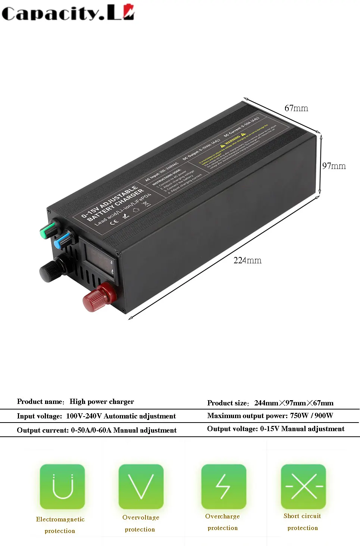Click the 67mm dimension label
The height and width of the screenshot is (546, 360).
[296, 108]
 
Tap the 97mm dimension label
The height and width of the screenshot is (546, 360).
[334, 166]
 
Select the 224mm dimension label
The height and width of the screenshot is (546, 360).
[247, 260]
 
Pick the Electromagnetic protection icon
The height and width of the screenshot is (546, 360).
[62, 486]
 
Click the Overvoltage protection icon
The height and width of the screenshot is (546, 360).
[141, 486]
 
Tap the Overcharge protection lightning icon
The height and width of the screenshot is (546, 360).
[223, 486]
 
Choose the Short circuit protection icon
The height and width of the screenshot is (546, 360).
[303, 486]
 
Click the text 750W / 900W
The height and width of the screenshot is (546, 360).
[312, 415]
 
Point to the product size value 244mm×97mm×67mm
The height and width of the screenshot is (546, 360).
[294, 403]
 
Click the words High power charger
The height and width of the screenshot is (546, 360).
[101, 402]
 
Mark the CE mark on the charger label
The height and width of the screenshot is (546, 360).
[114, 222]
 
